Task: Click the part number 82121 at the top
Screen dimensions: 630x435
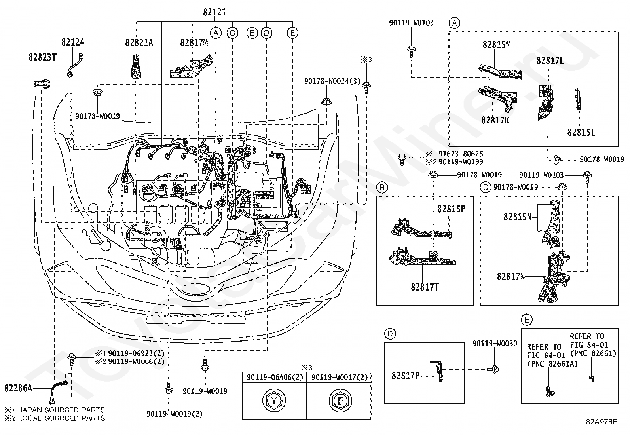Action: (214, 12)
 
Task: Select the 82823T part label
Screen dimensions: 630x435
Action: (42, 57)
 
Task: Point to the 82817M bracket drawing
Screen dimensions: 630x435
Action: (191, 66)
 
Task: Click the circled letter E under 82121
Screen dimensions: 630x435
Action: (292, 33)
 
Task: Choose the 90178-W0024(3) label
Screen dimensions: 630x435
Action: (332, 81)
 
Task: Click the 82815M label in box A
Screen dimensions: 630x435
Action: (497, 44)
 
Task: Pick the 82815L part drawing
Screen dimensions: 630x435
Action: (577, 99)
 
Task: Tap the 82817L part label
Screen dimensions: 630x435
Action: (550, 60)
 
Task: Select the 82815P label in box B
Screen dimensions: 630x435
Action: (451, 209)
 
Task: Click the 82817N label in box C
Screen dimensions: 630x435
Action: (511, 276)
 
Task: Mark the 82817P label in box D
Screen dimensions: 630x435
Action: (406, 376)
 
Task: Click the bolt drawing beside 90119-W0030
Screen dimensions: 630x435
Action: (493, 369)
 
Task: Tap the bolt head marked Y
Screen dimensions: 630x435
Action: (274, 401)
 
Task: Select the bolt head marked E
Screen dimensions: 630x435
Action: (340, 401)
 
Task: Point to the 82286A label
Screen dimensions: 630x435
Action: (18, 388)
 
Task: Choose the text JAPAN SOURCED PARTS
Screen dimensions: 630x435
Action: (61, 410)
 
